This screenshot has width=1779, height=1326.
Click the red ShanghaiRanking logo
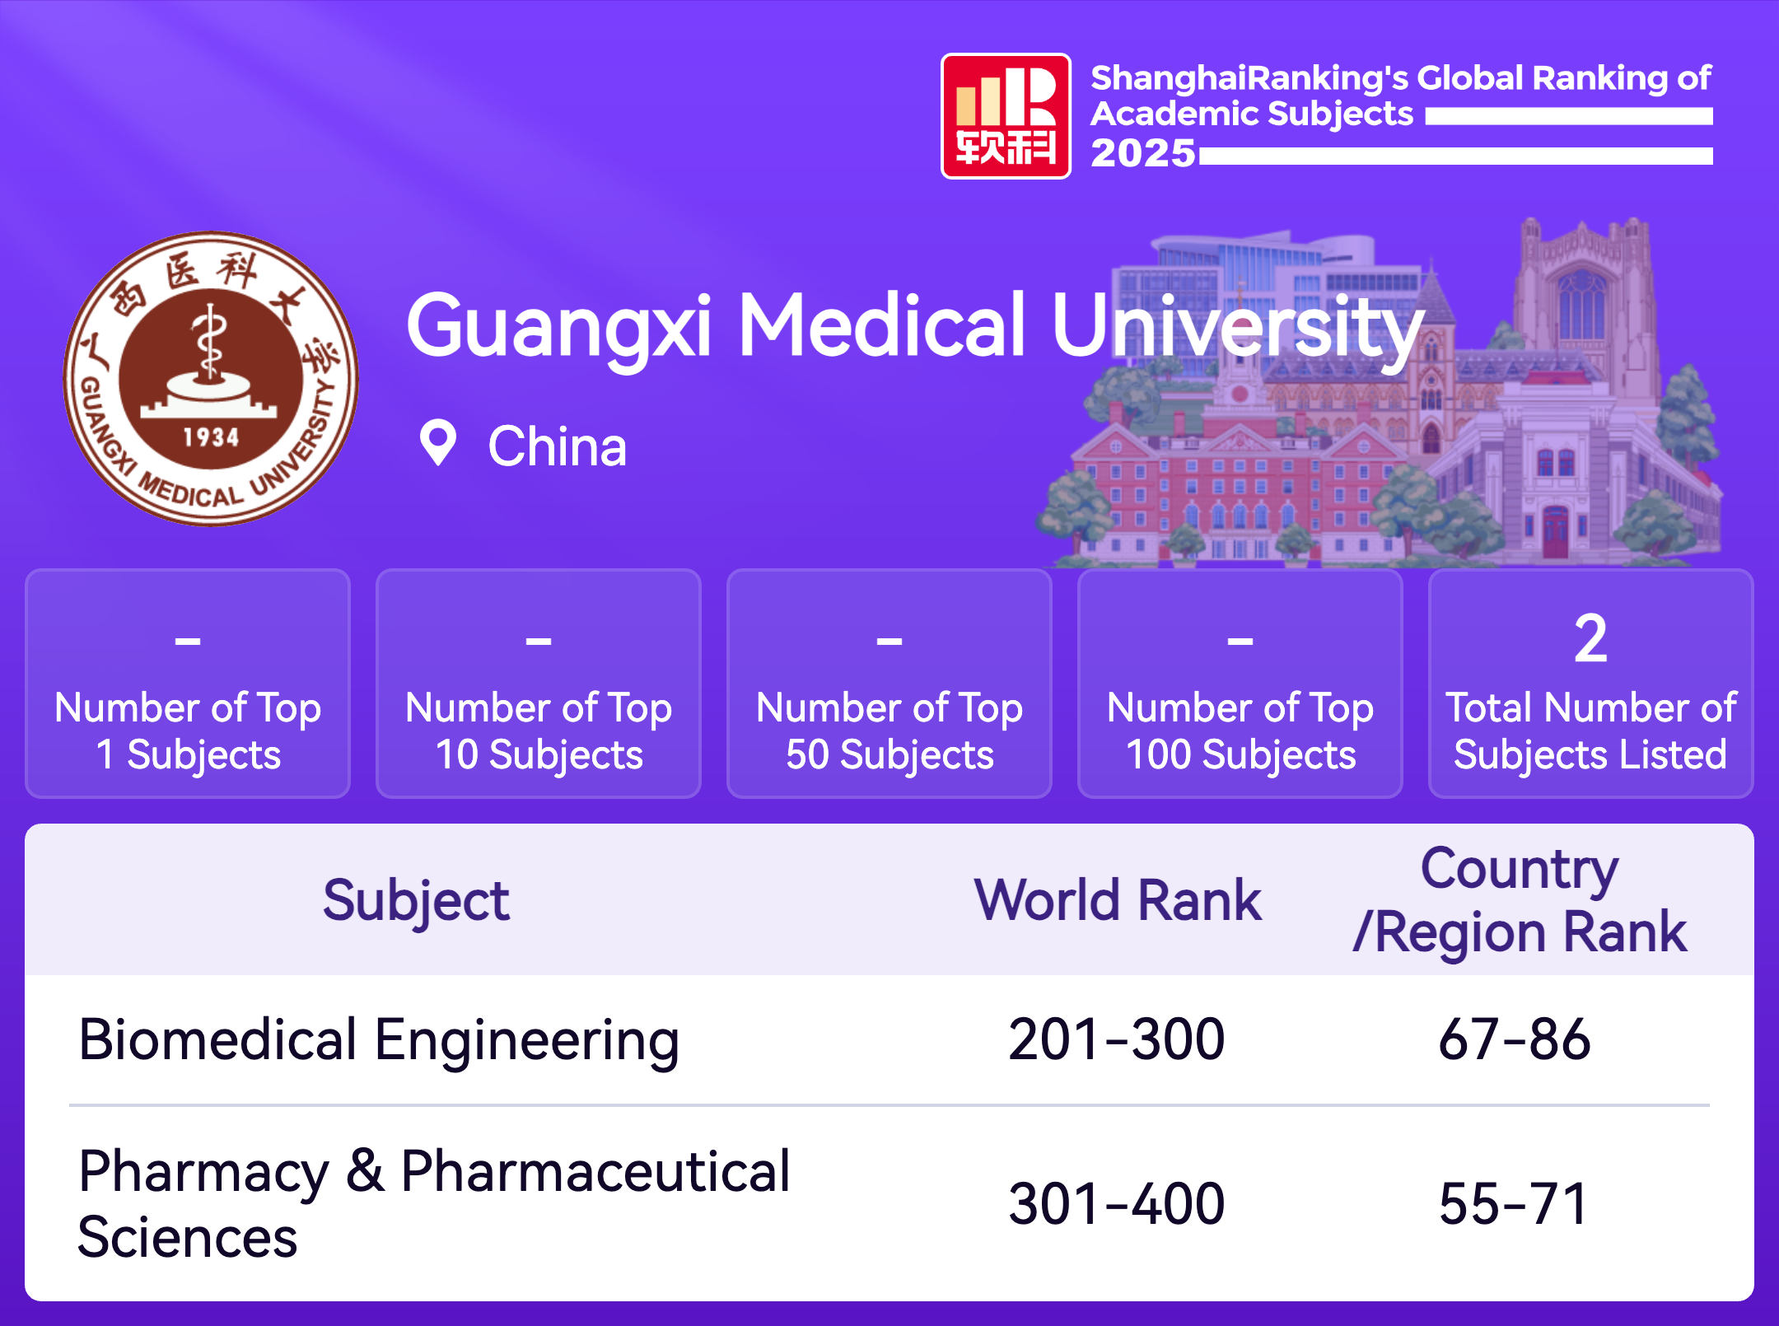[1006, 116]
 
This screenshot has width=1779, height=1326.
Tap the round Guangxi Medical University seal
[211, 378]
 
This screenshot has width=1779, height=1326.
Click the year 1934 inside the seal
[211, 437]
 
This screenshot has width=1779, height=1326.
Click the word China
[558, 446]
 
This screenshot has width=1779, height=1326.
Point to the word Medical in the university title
[882, 326]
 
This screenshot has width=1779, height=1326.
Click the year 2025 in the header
[1142, 153]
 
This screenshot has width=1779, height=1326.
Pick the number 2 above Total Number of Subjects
[1590, 638]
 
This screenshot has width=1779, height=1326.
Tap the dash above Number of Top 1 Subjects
[188, 640]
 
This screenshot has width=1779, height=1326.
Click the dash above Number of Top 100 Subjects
[1240, 640]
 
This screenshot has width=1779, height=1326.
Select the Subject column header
[416, 901]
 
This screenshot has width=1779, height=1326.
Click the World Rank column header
[1118, 899]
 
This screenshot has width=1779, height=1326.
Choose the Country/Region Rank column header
[1520, 900]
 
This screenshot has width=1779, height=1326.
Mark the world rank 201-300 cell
[1117, 1039]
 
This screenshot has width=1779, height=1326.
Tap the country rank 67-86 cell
[1515, 1039]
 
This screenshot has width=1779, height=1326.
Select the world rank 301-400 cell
[1117, 1204]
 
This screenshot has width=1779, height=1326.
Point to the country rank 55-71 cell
[1514, 1204]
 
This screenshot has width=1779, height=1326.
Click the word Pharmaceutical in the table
[595, 1171]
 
